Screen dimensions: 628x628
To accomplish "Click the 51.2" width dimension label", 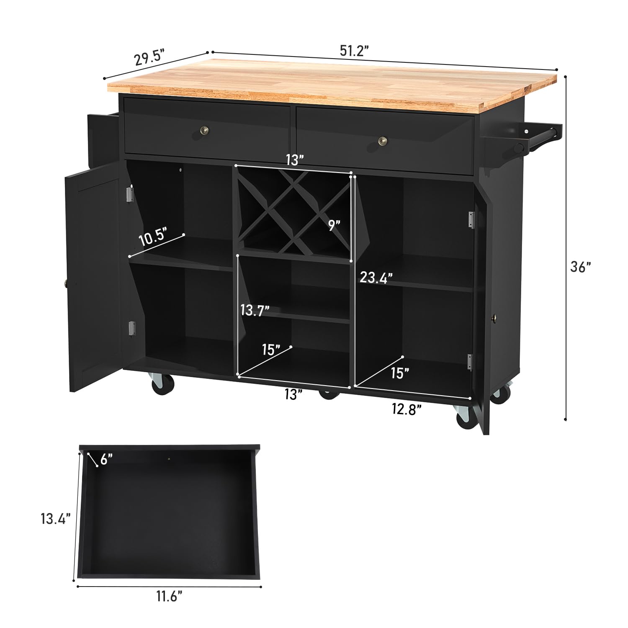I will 354,51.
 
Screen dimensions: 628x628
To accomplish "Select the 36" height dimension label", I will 581,267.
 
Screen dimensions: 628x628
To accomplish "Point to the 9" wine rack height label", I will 334,225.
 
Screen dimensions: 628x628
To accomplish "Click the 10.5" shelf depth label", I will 153,237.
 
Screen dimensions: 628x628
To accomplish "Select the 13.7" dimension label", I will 255,310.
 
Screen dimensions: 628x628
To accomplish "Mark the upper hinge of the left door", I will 130,194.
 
